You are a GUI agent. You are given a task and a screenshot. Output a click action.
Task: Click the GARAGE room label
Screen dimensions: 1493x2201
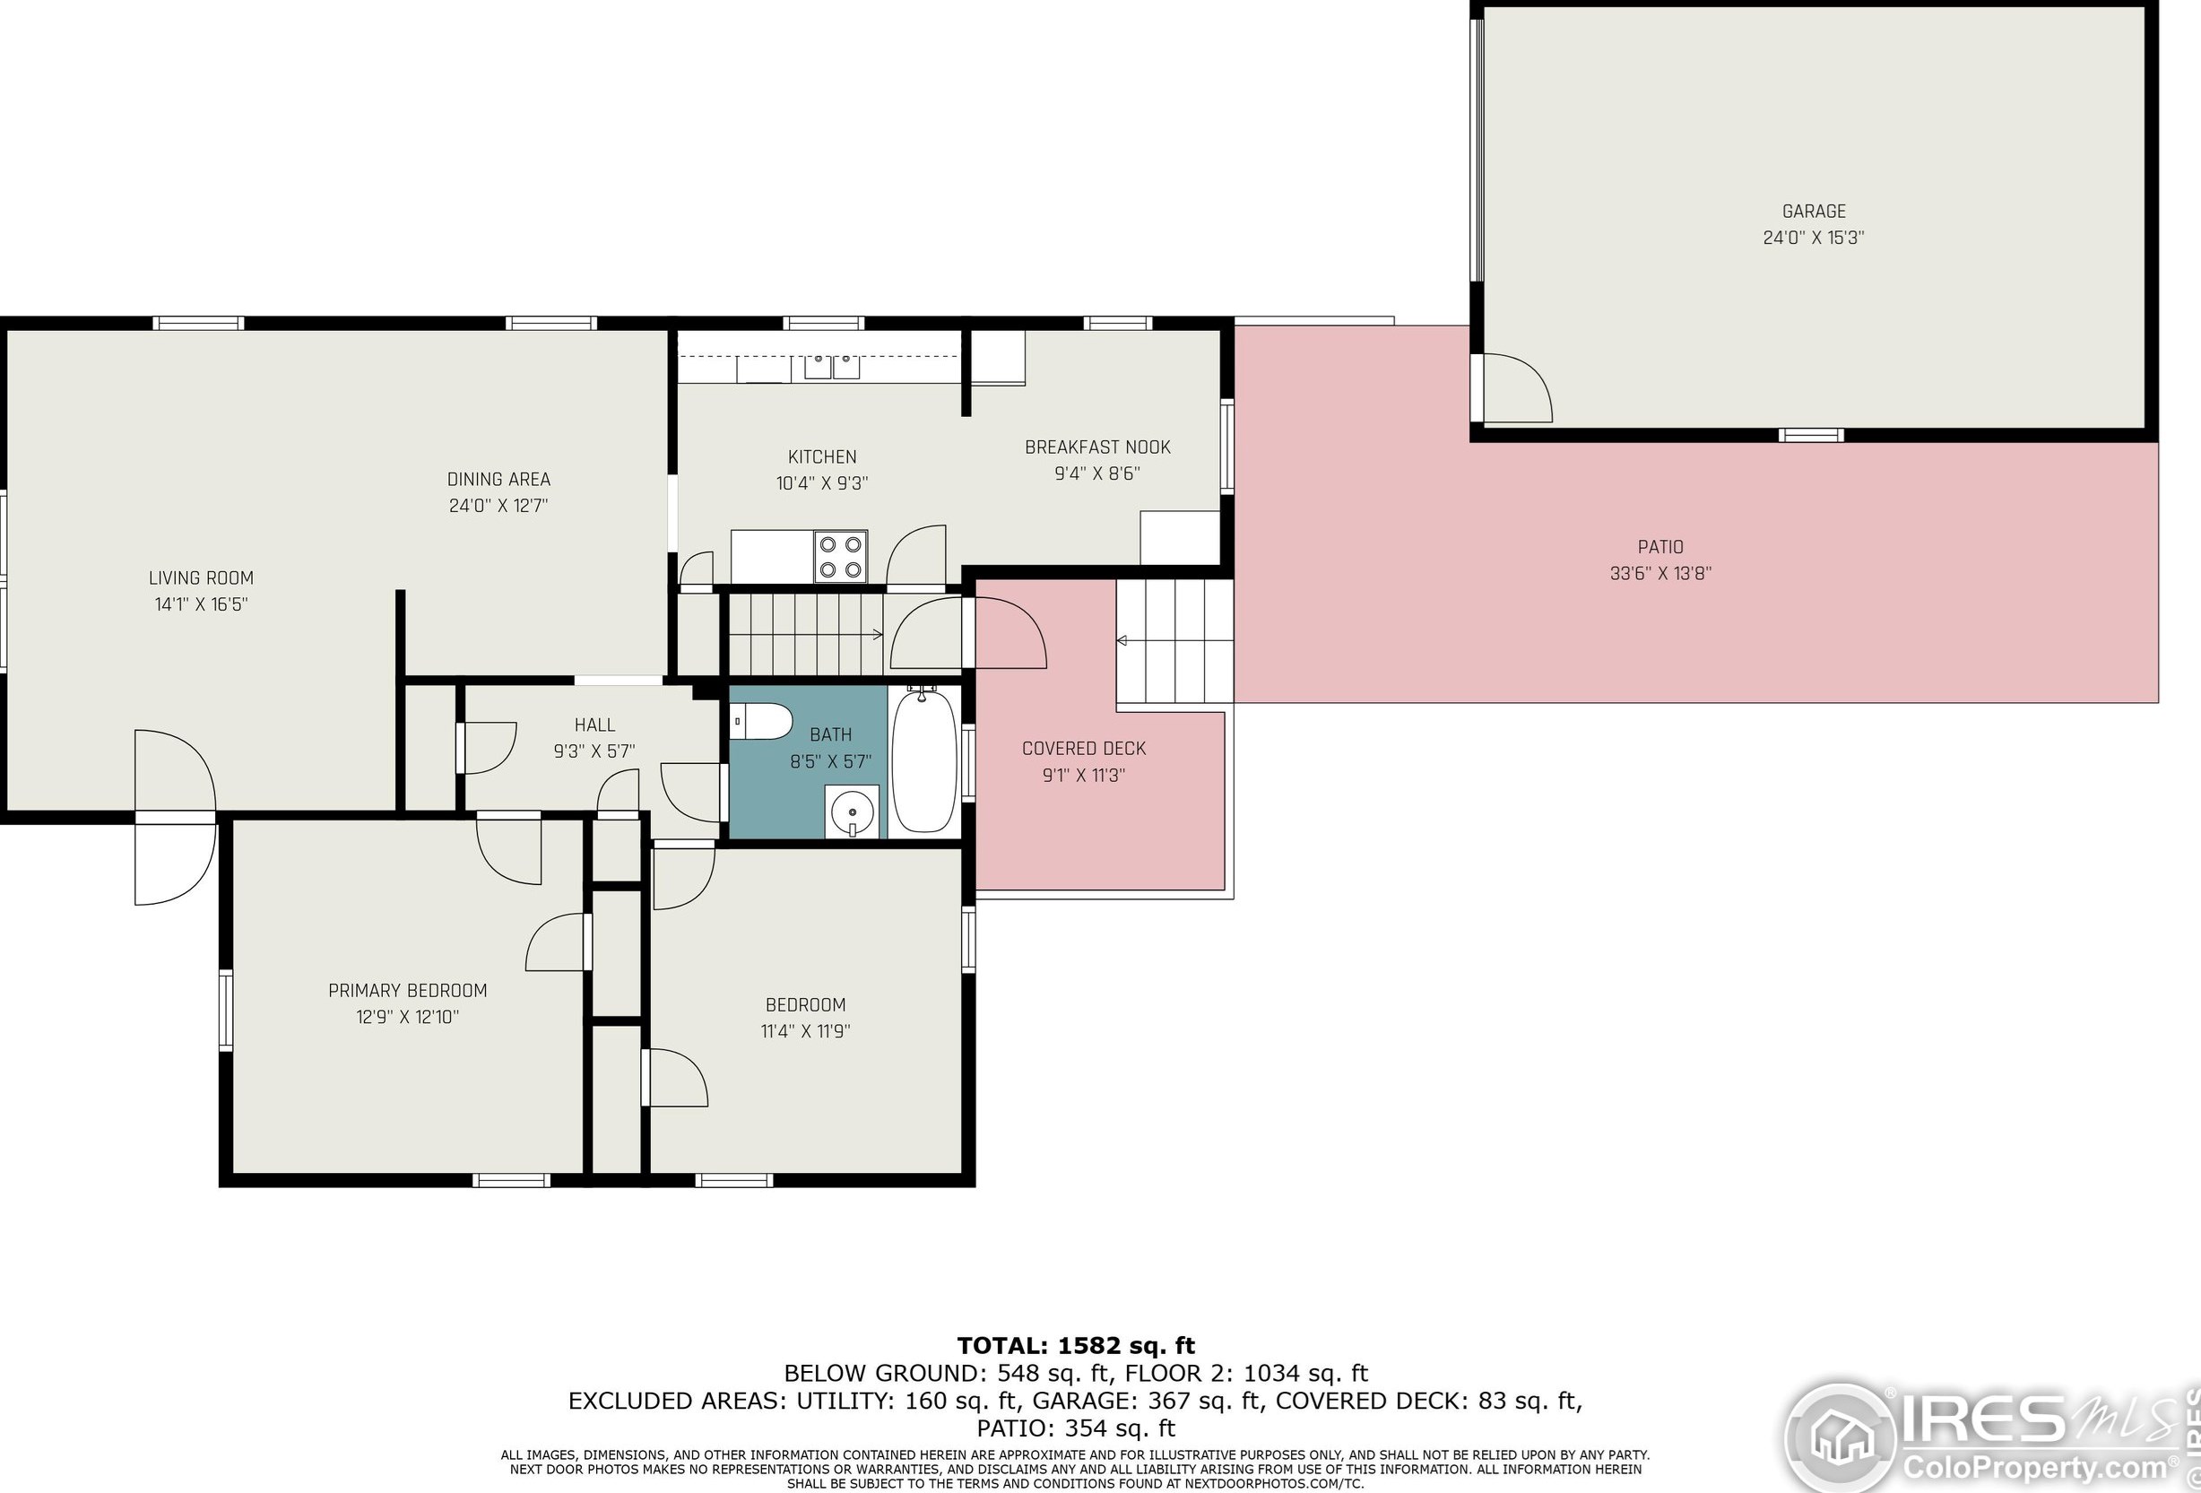1813,212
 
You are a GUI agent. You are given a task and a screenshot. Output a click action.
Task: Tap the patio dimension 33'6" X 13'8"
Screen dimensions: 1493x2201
1660,573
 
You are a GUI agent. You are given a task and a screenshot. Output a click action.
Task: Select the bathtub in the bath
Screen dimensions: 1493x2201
923,761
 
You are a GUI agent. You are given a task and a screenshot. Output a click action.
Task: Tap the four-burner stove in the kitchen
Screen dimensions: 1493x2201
840,557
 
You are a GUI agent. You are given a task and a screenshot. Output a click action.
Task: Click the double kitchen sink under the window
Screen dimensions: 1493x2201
831,366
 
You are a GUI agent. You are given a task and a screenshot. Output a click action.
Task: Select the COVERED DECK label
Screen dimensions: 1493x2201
1083,749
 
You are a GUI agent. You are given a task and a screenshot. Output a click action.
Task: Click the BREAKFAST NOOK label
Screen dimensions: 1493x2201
1096,447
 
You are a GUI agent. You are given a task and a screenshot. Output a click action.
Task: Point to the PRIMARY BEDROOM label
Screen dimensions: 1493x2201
407,991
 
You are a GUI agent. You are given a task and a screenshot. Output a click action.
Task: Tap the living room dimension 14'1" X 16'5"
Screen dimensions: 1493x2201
201,604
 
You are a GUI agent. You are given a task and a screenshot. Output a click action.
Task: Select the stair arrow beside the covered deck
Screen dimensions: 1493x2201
1122,641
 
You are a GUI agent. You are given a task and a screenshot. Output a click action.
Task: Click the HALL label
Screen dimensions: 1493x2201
594,725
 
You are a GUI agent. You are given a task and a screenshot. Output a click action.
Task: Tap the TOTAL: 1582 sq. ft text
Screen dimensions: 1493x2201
1076,1345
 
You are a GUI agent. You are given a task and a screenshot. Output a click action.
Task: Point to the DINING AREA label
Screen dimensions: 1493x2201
498,480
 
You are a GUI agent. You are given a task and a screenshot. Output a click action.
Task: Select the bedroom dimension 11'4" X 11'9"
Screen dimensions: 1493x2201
805,1030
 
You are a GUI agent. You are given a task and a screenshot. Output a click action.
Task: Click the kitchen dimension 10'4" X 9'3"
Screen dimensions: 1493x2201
821,483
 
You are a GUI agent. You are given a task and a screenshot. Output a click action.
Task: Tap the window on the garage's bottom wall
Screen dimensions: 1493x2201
1810,436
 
